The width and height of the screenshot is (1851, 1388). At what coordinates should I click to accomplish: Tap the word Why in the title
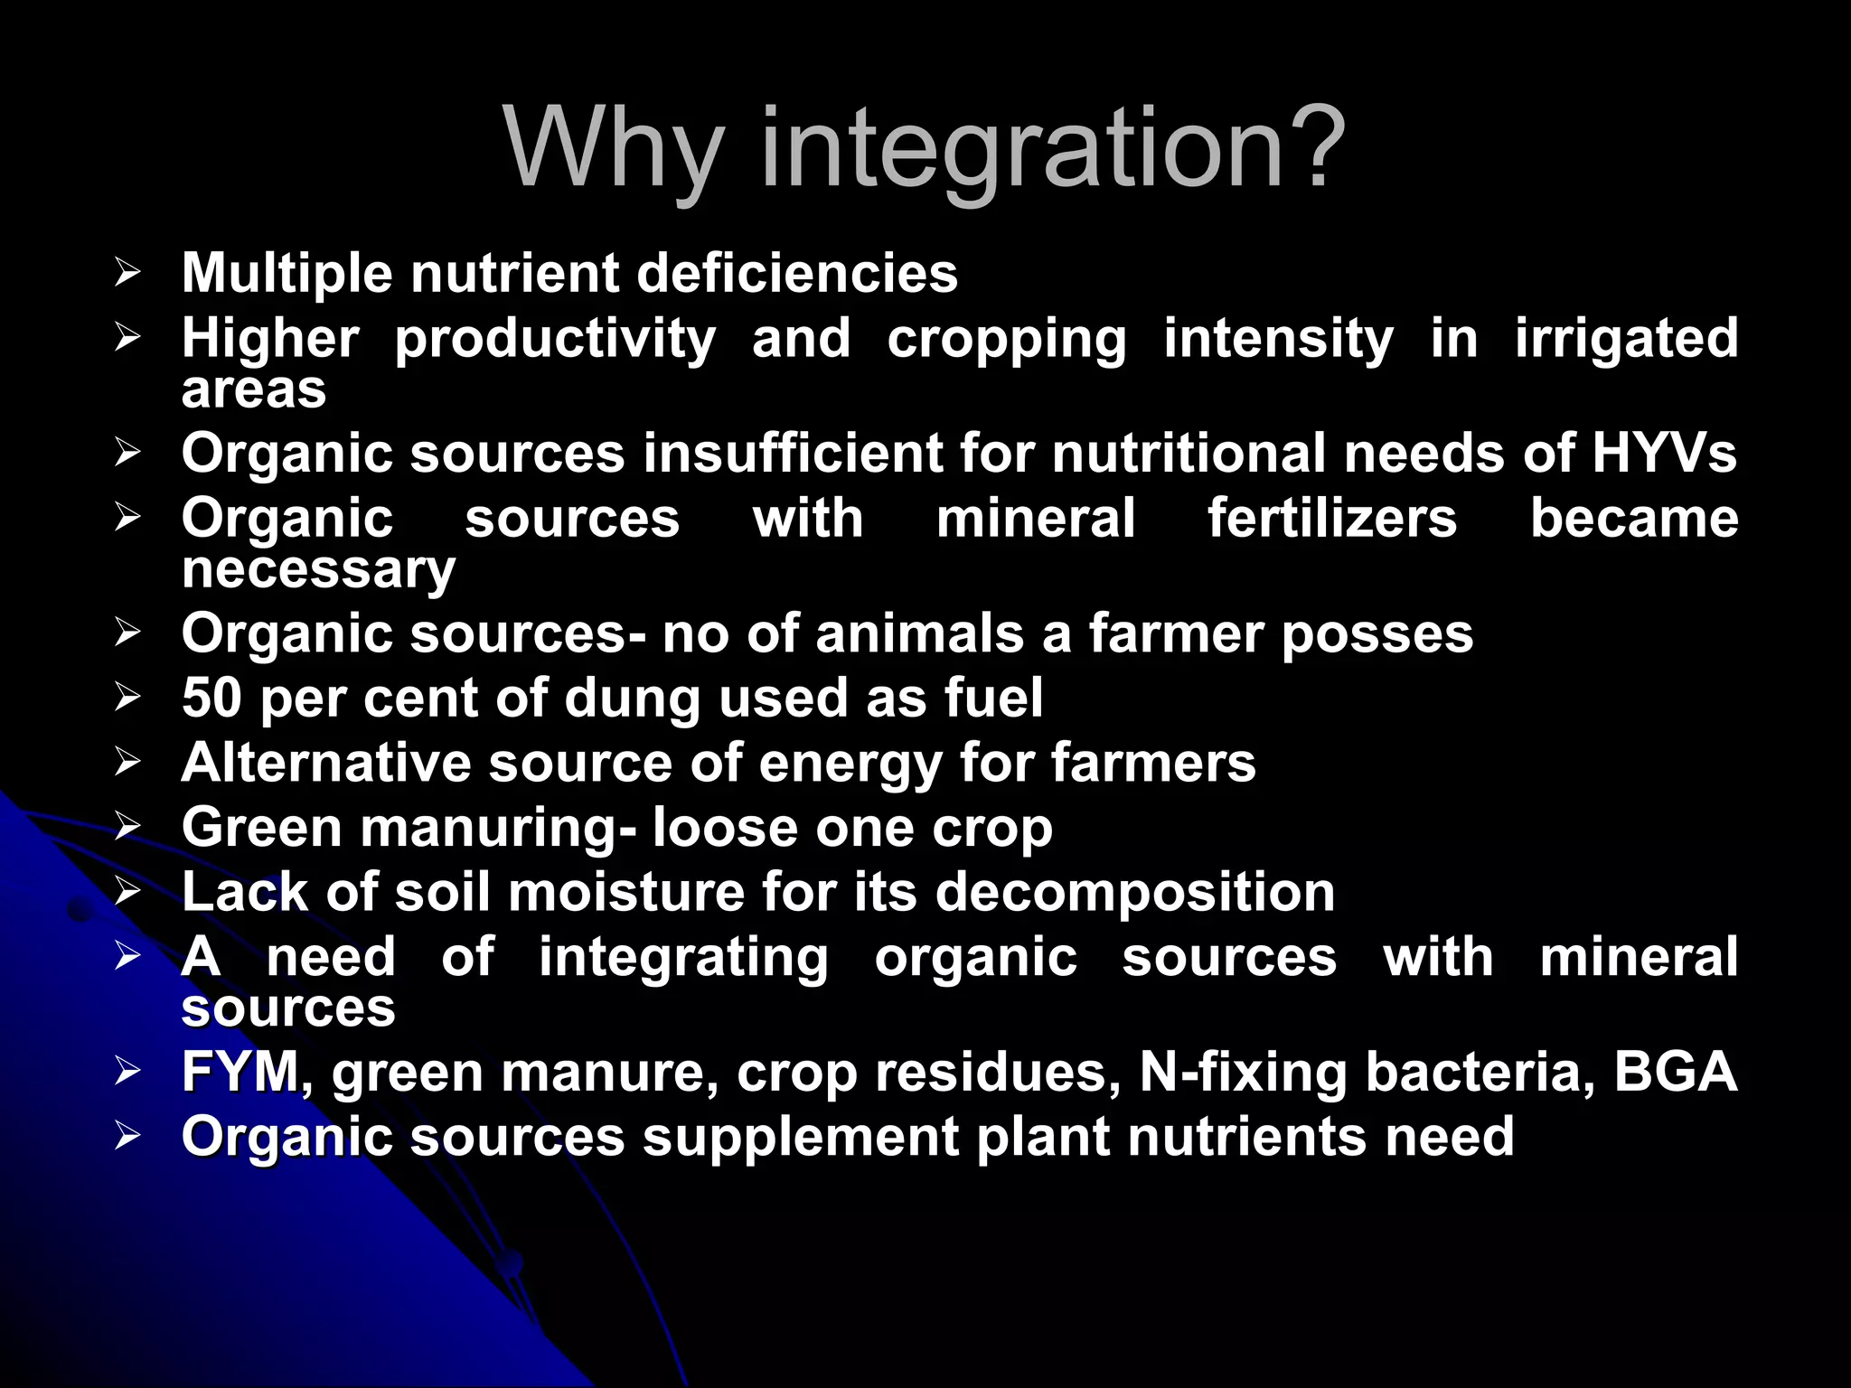[615, 149]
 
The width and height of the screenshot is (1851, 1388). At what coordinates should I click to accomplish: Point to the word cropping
[1006, 340]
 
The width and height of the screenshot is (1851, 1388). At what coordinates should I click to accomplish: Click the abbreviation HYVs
[1664, 453]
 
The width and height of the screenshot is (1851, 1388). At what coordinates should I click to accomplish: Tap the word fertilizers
[1332, 519]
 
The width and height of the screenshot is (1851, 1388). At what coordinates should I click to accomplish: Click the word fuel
[993, 698]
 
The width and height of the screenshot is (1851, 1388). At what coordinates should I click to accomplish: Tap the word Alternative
[326, 763]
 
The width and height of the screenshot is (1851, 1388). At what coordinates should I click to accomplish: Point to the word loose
[725, 828]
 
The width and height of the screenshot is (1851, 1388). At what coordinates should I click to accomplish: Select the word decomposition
[1135, 893]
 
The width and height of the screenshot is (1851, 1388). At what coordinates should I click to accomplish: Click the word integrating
[683, 958]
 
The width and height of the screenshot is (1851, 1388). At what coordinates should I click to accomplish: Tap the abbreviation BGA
[1675, 1072]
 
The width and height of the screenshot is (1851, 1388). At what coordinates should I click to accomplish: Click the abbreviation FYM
[240, 1072]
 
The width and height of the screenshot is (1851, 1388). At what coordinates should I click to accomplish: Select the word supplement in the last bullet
[800, 1138]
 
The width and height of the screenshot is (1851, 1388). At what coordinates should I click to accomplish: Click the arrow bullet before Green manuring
[127, 826]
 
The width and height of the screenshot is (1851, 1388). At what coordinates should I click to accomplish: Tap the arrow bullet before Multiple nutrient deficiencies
[127, 272]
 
